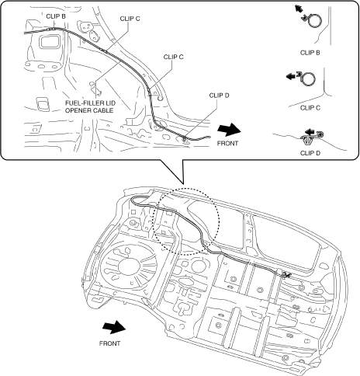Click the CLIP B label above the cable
coord(56,16)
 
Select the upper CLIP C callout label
coord(130,19)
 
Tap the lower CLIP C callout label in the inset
coord(173,57)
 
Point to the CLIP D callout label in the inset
coord(219,96)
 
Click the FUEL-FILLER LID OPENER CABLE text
coord(90,106)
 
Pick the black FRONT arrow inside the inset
coord(229,130)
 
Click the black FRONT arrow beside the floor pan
coord(114,327)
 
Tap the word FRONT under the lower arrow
coord(109,343)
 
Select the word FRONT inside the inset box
coord(227,143)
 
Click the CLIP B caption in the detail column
coord(310,53)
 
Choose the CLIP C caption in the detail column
coord(310,108)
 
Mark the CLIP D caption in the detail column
coord(310,153)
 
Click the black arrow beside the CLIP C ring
coord(291,76)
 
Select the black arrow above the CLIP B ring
coord(299,9)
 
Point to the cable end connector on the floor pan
coord(285,274)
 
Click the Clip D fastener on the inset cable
coord(185,138)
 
